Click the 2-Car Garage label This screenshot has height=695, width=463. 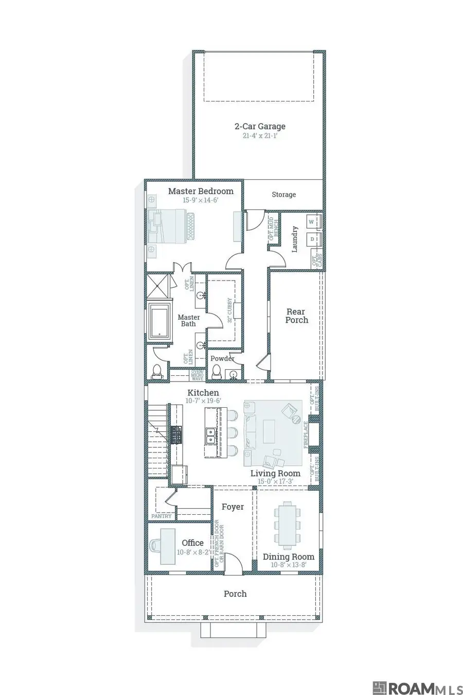coord(260,126)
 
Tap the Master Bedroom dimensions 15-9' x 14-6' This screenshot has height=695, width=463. coord(201,200)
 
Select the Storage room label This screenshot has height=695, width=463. coord(284,195)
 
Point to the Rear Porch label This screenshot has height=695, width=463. coord(296,316)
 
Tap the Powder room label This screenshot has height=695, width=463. coord(222,358)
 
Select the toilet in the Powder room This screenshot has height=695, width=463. coord(217,372)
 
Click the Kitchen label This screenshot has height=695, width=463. coord(203,393)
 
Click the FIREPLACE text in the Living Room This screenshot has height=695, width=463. coord(306,435)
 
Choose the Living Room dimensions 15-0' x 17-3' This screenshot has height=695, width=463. coord(275,481)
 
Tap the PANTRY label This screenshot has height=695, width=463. coord(161,516)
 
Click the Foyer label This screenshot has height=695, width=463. coord(233,507)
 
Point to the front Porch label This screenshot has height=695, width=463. coord(235,594)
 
